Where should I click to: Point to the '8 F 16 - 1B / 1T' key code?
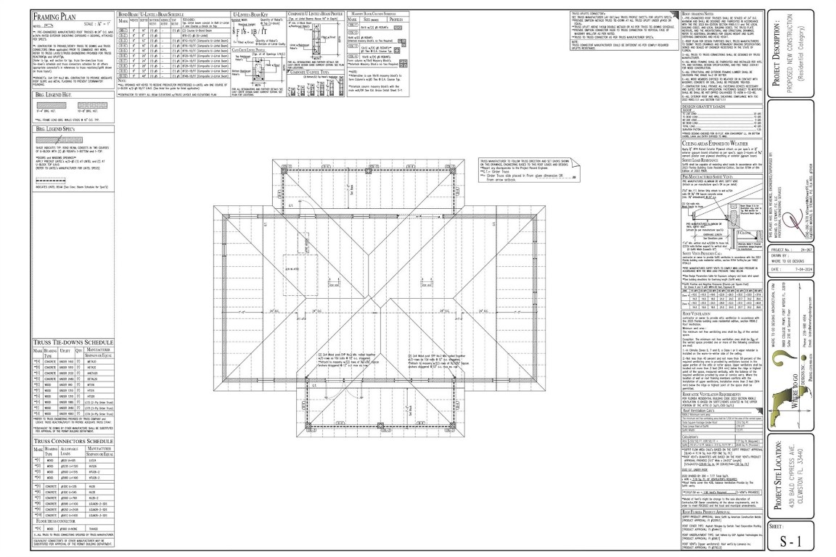point(255,31)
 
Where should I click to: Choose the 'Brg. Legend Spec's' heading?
point(50,128)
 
